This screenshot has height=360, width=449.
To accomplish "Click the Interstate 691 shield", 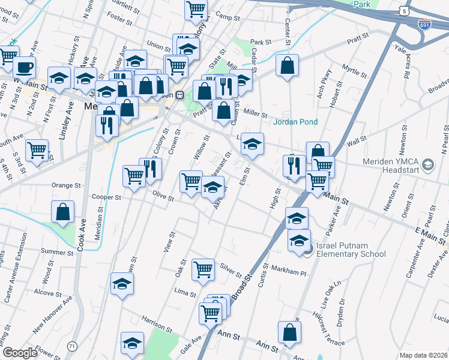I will coord(424,23).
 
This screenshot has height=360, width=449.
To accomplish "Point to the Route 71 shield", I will coord(73,346).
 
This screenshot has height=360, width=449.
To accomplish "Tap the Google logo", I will coord(20,353).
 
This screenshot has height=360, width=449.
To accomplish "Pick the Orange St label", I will coord(66,185).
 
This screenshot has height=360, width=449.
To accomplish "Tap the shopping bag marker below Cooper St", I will coord(63,212).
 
